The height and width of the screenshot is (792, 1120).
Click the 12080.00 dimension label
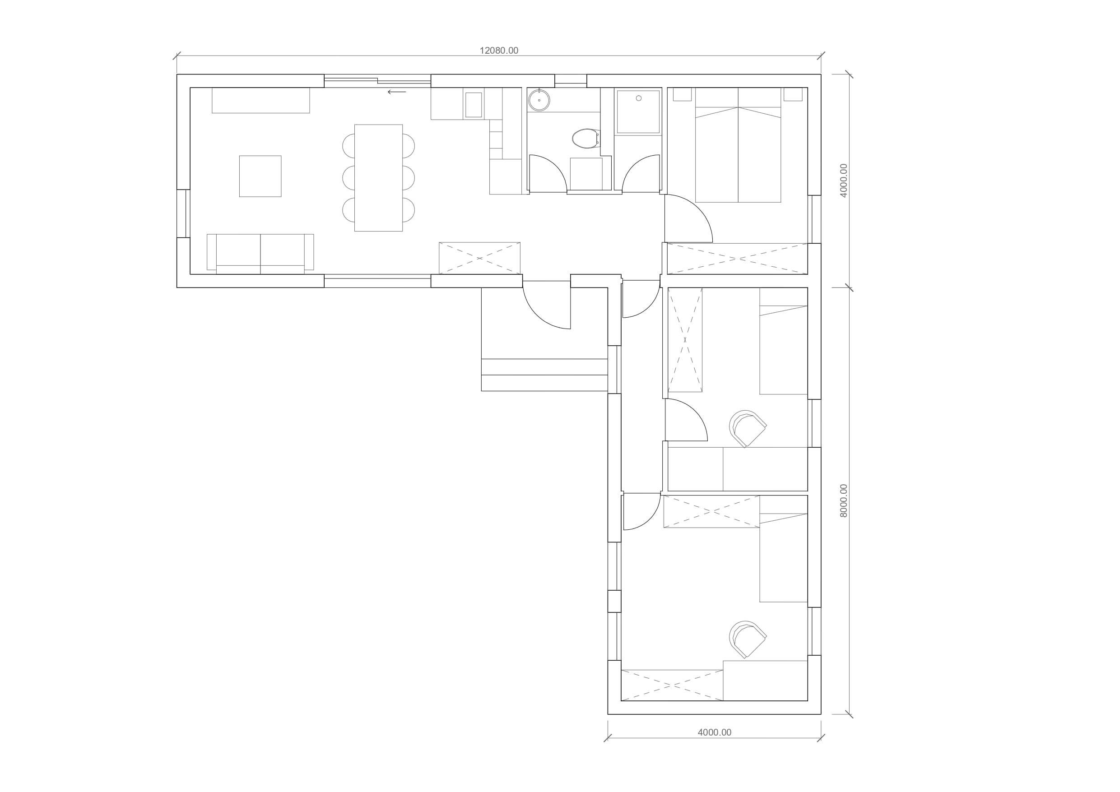click(498, 51)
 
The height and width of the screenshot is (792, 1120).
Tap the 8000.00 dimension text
click(844, 501)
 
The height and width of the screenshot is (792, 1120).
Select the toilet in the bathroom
click(586, 139)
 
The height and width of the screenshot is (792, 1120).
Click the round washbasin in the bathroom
click(539, 100)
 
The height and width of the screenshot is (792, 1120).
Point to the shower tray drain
click(638, 98)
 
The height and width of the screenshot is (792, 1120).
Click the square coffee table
click(260, 176)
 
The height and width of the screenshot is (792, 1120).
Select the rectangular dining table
click(379, 177)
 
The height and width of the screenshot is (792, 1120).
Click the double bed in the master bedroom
click(738, 145)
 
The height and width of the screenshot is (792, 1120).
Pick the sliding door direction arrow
click(397, 92)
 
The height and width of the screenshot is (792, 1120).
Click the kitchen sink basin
click(474, 105)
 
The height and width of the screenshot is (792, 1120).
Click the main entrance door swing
click(547, 305)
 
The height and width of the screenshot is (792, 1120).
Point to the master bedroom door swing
click(688, 218)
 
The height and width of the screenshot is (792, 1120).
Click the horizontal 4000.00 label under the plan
click(715, 732)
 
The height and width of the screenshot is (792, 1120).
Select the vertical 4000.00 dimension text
click(844, 181)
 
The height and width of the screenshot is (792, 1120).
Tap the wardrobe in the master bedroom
click(738, 259)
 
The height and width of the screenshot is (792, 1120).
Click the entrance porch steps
click(544, 375)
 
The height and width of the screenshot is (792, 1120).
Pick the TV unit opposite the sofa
click(261, 101)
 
